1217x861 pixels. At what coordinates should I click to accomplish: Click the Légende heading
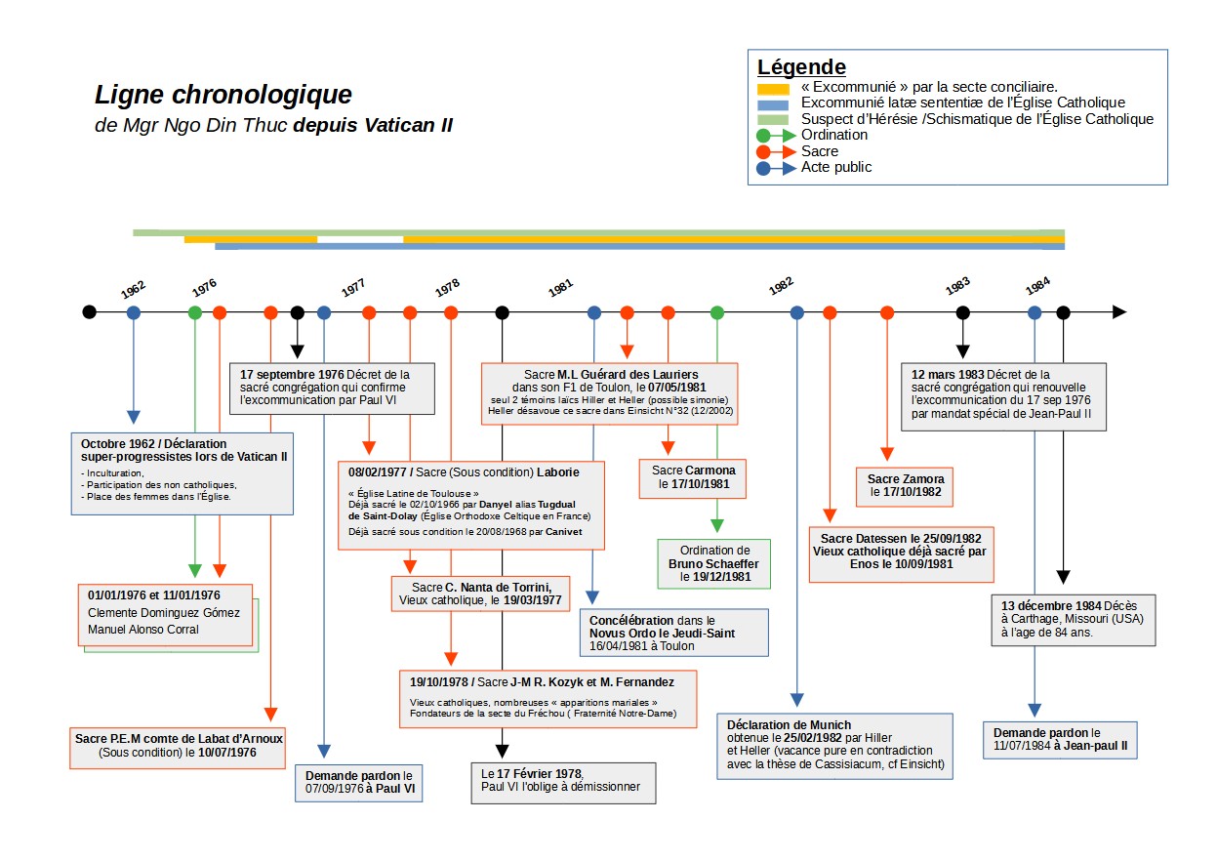coord(801,67)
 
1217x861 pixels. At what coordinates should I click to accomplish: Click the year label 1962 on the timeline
coord(134,289)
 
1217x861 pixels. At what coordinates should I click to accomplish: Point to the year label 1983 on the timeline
coord(958,286)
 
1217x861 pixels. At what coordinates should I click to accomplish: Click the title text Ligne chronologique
coord(223,96)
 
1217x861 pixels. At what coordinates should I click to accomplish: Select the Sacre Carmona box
coord(693,476)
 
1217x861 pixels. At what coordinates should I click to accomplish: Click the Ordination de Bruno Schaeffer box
coord(713,563)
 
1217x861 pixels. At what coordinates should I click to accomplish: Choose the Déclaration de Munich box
coord(834,746)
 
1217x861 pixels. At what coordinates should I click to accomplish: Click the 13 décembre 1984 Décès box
coord(1073,618)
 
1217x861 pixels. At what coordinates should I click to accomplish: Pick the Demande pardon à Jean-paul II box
coord(1061,739)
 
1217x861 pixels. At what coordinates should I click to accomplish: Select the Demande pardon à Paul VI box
coord(360,783)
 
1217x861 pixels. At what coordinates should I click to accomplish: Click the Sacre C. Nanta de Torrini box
coord(476,593)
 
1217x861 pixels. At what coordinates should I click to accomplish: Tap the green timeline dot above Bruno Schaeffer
coord(717,312)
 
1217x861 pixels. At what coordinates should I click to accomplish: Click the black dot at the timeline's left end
coord(90,312)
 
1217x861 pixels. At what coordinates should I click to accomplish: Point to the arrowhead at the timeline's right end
coord(1119,312)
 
